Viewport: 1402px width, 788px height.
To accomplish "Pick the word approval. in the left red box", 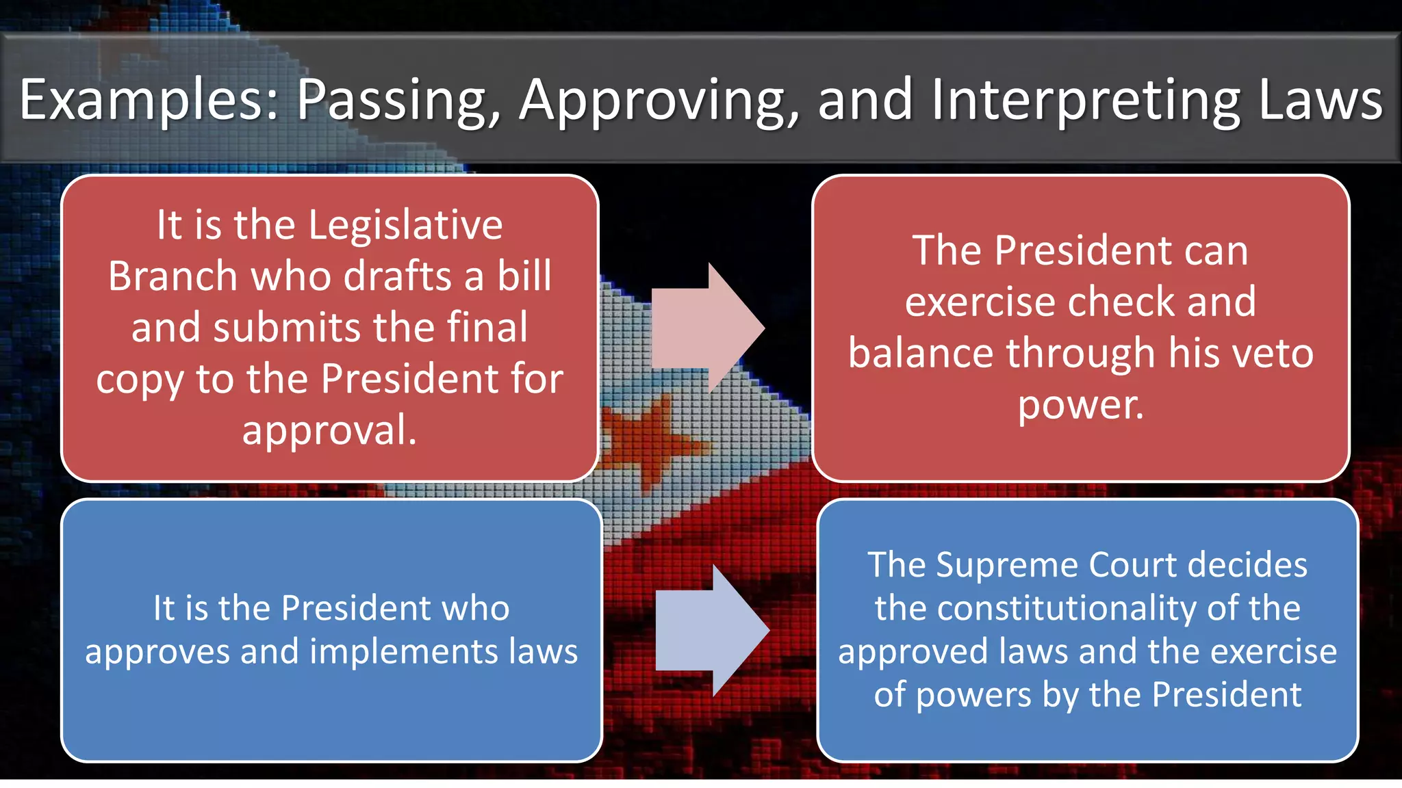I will pos(329,431).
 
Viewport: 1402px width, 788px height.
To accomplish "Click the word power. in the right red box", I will pos(1080,405).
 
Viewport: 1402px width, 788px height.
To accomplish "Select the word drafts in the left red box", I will pos(397,276).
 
